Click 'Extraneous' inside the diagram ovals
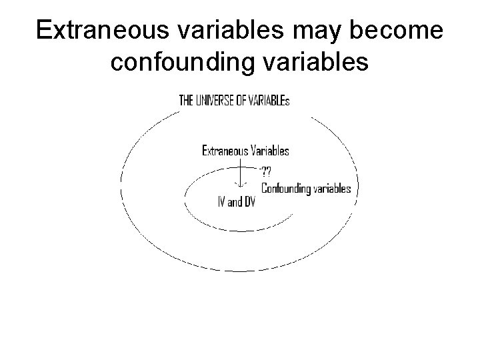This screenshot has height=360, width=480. pyautogui.click(x=225, y=151)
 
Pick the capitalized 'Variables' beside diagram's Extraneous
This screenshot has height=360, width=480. pyautogui.click(x=270, y=151)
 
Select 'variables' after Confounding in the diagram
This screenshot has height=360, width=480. pyautogui.click(x=333, y=189)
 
